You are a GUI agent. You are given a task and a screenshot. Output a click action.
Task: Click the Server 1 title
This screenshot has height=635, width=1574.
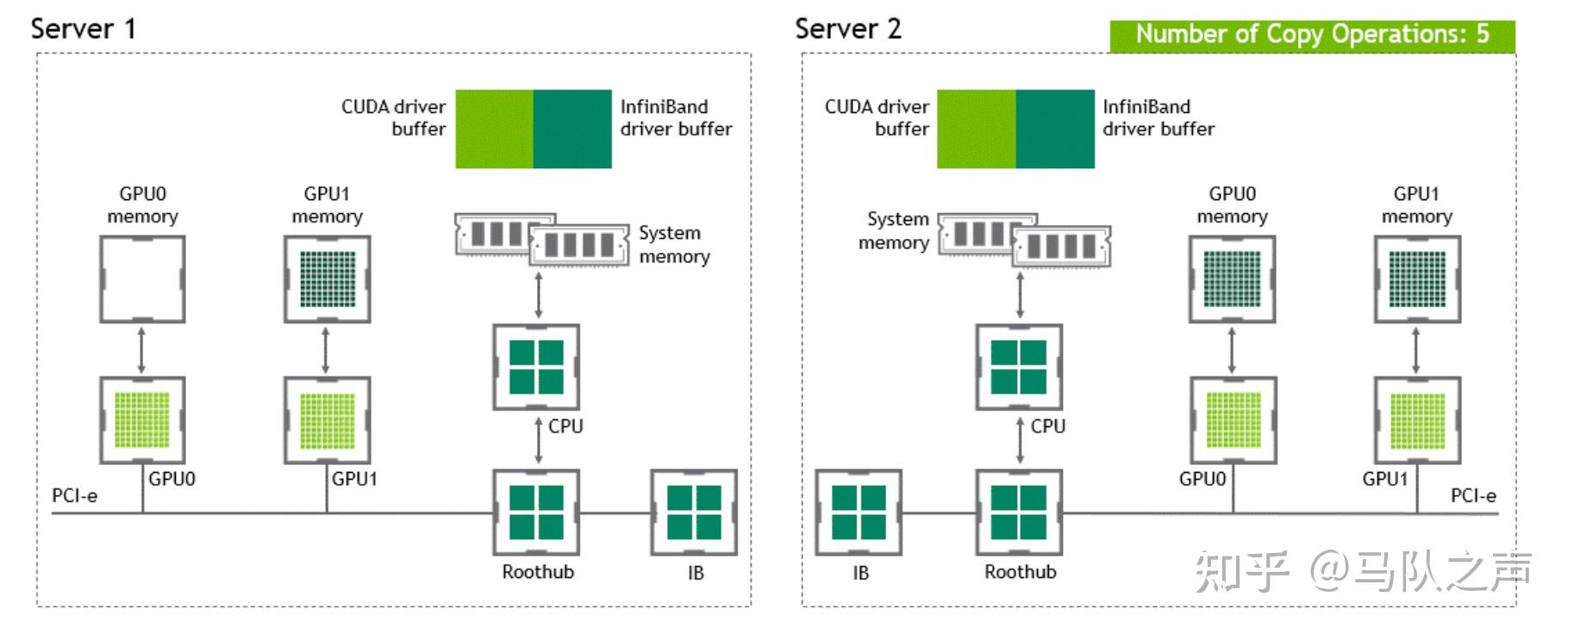[84, 28]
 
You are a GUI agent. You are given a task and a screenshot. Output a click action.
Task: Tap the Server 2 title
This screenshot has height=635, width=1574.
[848, 28]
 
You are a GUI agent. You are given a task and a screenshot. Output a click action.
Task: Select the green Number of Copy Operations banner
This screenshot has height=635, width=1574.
[1312, 35]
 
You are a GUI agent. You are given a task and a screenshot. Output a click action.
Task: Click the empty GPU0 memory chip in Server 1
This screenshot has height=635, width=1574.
[142, 280]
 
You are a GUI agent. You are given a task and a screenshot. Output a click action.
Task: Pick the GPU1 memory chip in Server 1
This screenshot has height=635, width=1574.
[328, 280]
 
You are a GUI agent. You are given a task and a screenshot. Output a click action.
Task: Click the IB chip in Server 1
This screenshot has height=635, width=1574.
[694, 512]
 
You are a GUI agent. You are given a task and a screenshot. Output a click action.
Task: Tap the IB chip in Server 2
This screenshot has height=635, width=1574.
[859, 512]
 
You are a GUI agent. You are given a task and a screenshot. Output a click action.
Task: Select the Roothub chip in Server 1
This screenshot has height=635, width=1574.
[536, 512]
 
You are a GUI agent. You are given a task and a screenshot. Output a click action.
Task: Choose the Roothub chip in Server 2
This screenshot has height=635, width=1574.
[1019, 512]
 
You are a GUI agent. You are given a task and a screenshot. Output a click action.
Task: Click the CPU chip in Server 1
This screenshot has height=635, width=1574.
[536, 368]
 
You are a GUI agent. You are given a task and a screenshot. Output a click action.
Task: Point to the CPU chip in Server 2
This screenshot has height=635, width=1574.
[1019, 368]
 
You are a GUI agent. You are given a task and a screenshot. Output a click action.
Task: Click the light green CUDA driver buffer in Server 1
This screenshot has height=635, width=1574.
[494, 129]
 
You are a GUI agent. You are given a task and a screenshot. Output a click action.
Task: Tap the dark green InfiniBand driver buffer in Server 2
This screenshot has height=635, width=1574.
[1055, 129]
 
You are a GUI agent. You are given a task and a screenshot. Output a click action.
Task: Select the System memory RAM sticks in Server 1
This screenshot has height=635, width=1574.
[542, 240]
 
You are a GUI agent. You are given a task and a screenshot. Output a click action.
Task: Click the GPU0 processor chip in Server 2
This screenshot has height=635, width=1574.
[1233, 420]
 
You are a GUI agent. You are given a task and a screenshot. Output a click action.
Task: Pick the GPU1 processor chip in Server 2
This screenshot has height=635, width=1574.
[1417, 420]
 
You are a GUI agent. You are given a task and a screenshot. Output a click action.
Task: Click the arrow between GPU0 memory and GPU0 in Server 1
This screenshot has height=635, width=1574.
[142, 350]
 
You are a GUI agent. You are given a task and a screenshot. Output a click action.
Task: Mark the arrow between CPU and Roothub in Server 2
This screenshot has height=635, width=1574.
[1020, 441]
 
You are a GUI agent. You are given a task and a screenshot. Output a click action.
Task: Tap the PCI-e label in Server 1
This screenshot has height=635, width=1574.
[75, 496]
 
